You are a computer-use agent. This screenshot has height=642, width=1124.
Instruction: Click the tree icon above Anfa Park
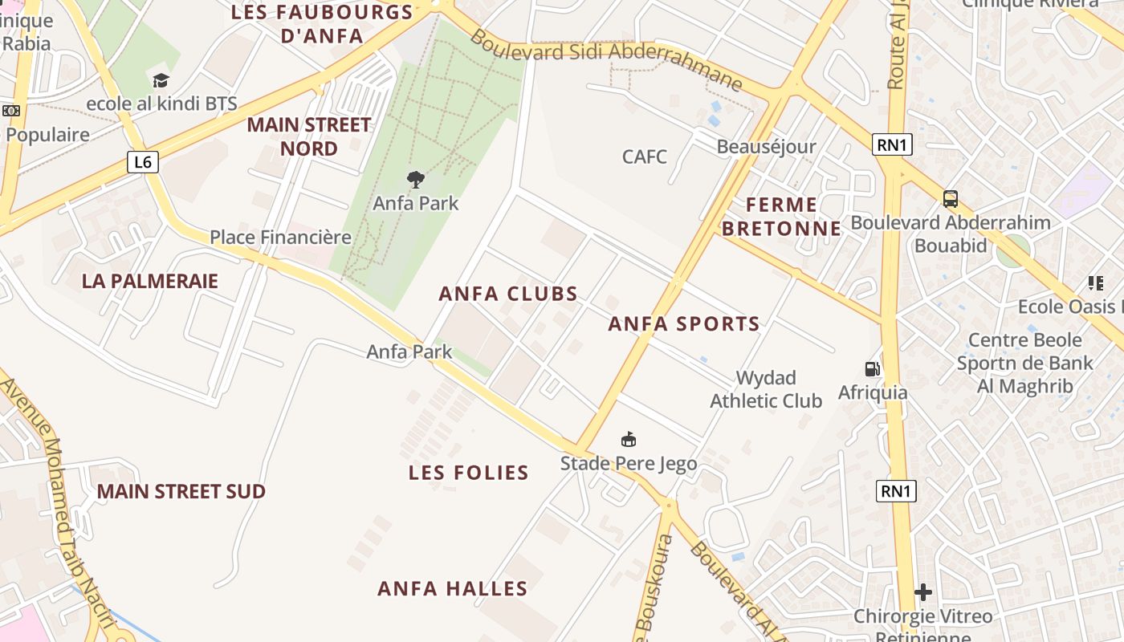pyautogui.click(x=415, y=180)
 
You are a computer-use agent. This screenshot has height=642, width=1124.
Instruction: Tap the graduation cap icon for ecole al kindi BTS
pyautogui.click(x=161, y=80)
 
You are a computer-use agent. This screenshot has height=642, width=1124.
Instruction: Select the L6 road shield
pyautogui.click(x=142, y=162)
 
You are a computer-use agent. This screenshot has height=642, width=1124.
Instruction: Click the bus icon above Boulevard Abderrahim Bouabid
pyautogui.click(x=951, y=198)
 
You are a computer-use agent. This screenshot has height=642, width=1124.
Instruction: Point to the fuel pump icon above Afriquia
pyautogui.click(x=872, y=369)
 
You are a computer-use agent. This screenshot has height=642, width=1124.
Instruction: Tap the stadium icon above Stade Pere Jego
pyautogui.click(x=629, y=440)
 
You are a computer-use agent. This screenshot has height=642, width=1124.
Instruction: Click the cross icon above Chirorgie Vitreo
pyautogui.click(x=923, y=593)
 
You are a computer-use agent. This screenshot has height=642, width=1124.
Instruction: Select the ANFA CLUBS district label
pyautogui.click(x=508, y=294)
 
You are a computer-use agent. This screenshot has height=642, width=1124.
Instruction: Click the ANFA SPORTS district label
pyautogui.click(x=684, y=324)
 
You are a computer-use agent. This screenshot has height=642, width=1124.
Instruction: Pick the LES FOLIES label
pyautogui.click(x=469, y=473)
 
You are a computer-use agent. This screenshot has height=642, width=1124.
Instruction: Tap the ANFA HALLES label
pyautogui.click(x=453, y=589)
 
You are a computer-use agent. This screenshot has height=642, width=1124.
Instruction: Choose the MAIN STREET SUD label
pyautogui.click(x=181, y=491)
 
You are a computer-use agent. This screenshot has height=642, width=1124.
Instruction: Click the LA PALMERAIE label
pyautogui.click(x=150, y=281)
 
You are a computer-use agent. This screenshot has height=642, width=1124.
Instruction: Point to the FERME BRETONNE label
pyautogui.click(x=781, y=217)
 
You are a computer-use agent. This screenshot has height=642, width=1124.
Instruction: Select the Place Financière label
pyautogui.click(x=281, y=237)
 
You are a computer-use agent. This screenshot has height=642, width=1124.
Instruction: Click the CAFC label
pyautogui.click(x=645, y=156)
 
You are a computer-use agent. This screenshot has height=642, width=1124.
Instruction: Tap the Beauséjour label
pyautogui.click(x=766, y=147)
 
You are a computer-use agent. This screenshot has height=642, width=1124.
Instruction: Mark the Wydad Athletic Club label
pyautogui.click(x=766, y=389)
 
